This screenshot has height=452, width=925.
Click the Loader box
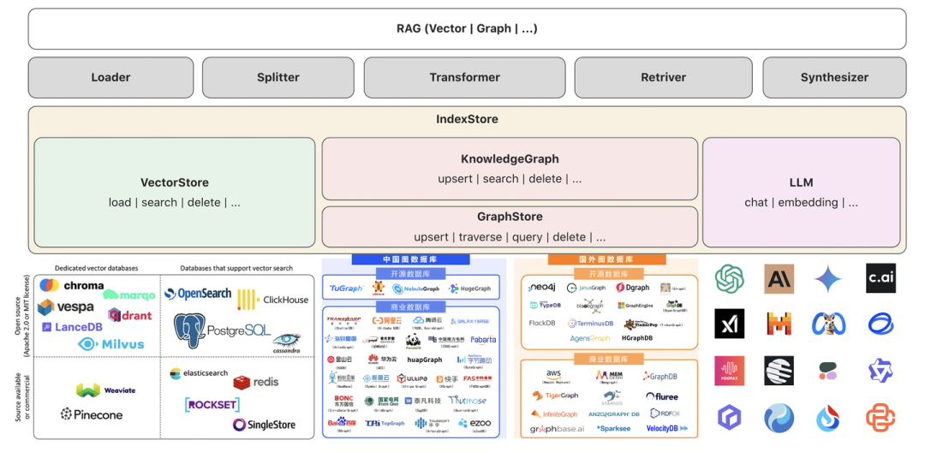tap(110, 77)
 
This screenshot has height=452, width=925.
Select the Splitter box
tap(278, 77)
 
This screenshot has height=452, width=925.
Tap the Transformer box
tap(464, 77)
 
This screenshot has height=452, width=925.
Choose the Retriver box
tap(663, 77)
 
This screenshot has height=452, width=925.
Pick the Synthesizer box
tap(834, 77)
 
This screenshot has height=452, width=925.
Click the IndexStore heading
tap(467, 119)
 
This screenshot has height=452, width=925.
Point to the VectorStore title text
tap(175, 182)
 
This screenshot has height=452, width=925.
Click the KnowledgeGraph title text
tap(510, 158)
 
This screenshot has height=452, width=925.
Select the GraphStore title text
tap(510, 217)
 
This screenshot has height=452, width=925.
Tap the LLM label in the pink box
tap(801, 182)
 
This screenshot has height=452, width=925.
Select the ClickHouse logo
tap(272, 300)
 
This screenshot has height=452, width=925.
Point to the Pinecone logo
tap(92, 414)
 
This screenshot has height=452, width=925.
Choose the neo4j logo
tap(543, 288)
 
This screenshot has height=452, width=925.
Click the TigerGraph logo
tap(555, 395)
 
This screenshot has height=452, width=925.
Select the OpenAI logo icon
tap(730, 278)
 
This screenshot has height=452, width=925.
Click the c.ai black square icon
tap(880, 278)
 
